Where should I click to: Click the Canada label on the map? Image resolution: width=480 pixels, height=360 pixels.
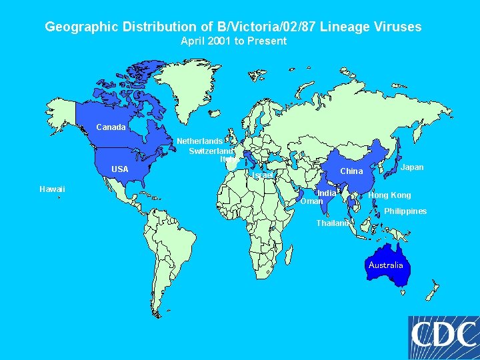(111, 127)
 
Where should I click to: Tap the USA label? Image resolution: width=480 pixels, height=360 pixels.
(120, 169)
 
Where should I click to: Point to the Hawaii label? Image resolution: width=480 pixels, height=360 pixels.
(52, 189)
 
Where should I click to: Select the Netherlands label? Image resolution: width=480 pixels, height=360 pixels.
(199, 141)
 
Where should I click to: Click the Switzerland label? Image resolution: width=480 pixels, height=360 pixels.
(211, 151)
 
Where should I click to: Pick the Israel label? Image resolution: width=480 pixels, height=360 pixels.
(263, 175)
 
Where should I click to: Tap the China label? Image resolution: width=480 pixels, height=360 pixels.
(351, 171)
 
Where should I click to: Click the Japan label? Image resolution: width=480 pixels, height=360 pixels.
(412, 167)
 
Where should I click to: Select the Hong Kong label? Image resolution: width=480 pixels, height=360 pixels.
(389, 195)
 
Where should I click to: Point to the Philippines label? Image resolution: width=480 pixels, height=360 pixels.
(405, 211)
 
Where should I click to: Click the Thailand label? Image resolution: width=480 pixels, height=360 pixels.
(332, 223)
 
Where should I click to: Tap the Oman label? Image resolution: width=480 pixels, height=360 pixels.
(311, 201)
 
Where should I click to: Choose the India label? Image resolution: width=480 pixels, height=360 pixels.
(327, 193)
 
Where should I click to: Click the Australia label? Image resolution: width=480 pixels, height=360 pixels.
(386, 265)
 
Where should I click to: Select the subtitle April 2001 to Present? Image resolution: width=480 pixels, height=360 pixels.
(233, 41)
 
